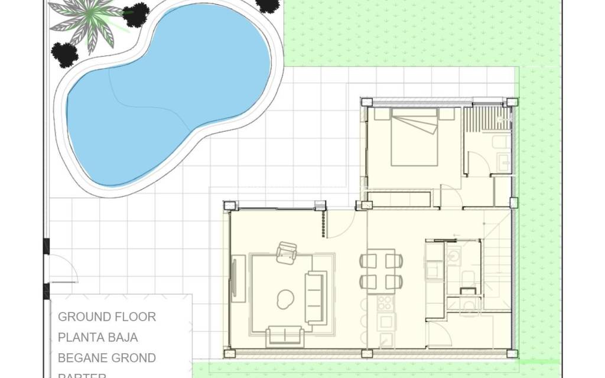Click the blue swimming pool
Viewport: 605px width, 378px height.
165,94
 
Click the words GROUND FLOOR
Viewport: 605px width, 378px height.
107,317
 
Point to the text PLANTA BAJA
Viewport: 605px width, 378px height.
98,337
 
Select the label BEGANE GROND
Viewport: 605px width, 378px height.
107,358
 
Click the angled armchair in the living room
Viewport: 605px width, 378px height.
287,252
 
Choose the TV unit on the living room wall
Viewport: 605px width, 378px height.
238,279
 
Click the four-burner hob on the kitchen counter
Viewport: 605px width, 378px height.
385,303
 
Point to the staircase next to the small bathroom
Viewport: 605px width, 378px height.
496,260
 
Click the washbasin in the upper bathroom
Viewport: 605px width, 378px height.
504,161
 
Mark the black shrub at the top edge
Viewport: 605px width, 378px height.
269,5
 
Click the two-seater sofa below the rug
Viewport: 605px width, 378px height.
285,336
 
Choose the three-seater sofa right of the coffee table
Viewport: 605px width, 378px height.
315,297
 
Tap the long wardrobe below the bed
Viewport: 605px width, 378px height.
401,199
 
